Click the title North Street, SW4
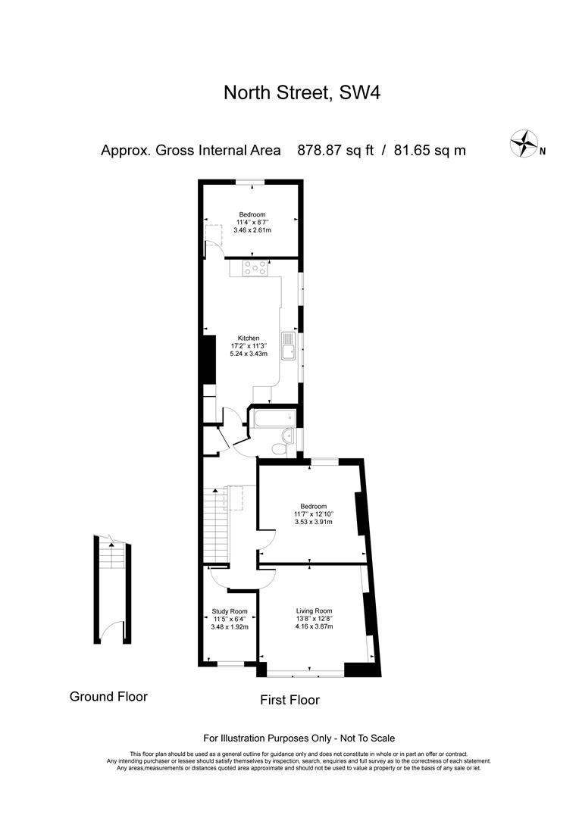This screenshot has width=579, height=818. tap(302, 93)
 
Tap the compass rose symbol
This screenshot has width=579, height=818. tap(524, 142)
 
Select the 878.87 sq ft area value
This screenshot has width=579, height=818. tap(336, 150)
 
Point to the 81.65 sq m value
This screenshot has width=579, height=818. tap(430, 150)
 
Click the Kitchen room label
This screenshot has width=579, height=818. tap(249, 338)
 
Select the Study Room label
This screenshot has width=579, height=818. tap(229, 611)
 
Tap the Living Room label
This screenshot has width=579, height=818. tap(314, 611)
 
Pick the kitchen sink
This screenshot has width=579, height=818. tap(288, 346)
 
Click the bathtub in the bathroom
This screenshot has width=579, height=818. tap(274, 419)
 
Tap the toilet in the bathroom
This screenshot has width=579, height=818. tap(278, 448)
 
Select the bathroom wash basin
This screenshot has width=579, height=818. tap(288, 435)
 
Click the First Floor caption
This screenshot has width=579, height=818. tap(289, 700)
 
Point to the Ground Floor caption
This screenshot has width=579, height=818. tap(108, 697)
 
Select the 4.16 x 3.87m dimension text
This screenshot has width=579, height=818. tap(314, 626)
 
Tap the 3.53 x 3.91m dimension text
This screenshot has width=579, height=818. tap(314, 521)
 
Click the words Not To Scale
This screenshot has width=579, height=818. tap(368, 738)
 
